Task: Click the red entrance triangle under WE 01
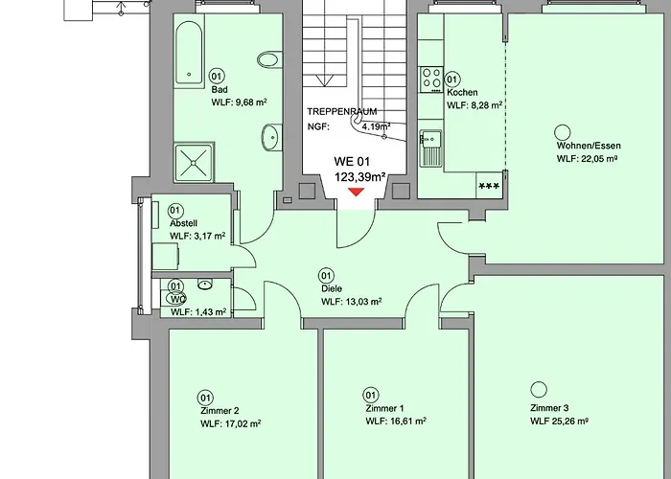coord(356,193)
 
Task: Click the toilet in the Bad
coord(266,59)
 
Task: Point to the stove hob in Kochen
coord(431,75)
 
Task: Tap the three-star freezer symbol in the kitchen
coord(488,185)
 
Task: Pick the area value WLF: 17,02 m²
coord(230,422)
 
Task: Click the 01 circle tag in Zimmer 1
coord(371,394)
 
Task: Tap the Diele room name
coord(332,288)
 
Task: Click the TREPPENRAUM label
coord(341,111)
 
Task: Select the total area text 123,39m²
coord(359,177)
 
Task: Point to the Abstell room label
coord(185,222)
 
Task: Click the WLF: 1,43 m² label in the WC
coord(198,312)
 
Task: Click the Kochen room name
coord(462,93)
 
